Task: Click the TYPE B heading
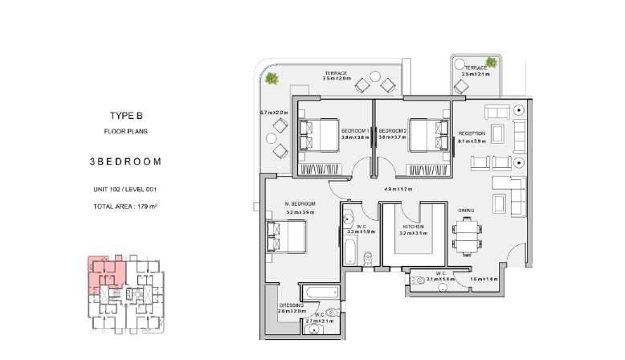point(126,116)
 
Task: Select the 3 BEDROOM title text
point(125,162)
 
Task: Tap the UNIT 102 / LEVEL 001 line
point(125,190)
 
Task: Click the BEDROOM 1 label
point(355,131)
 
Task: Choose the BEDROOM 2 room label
point(393,131)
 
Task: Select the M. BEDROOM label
point(300,204)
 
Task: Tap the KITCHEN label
point(414,227)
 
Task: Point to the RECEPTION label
point(472,133)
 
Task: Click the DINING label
point(466,210)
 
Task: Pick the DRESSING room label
point(292,305)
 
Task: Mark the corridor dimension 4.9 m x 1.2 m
point(398,189)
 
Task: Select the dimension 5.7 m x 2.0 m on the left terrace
point(274,112)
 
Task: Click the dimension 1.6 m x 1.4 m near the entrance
point(484,279)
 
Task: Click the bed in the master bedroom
point(286,237)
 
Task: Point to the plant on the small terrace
point(492,62)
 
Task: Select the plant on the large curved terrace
point(272,78)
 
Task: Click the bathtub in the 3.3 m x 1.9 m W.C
point(350,251)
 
